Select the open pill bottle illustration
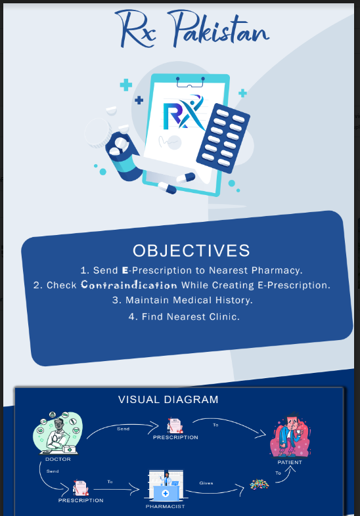coord(123,153)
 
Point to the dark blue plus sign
coord(139,100)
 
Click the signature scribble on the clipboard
coord(172,142)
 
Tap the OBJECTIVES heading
coord(191,250)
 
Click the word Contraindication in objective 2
coord(129,285)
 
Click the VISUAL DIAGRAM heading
coord(168,399)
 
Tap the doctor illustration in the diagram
coord(57,433)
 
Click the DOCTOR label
coord(58,459)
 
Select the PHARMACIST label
coord(165,506)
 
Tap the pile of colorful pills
coord(259,484)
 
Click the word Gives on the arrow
coord(206,483)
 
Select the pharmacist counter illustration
coord(165,486)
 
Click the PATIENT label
coord(290,462)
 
